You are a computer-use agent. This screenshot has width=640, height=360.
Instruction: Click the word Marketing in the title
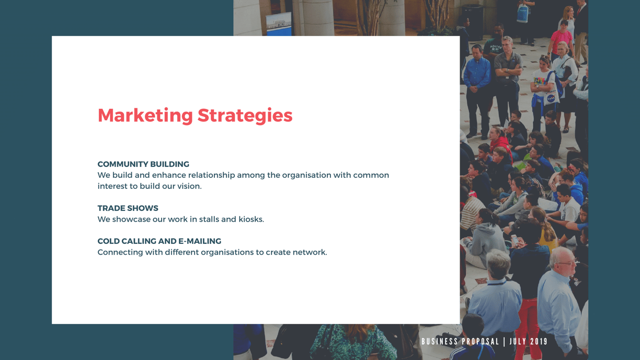coord(145,116)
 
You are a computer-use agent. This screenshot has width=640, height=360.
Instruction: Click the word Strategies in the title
coord(245,116)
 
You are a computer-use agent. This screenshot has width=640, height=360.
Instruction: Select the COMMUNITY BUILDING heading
coord(143,164)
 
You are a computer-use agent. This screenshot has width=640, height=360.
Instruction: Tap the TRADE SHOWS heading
coord(128,208)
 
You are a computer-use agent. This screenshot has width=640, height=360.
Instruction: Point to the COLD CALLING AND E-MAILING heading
coord(159,241)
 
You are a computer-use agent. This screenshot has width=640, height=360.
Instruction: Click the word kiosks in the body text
coord(251,219)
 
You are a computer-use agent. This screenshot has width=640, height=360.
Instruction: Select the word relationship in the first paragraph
coord(211,175)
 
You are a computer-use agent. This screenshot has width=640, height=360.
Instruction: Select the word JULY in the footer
coord(518,341)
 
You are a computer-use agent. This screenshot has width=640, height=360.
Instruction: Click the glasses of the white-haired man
coord(567,263)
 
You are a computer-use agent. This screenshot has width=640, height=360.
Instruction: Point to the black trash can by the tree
coord(472,21)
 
